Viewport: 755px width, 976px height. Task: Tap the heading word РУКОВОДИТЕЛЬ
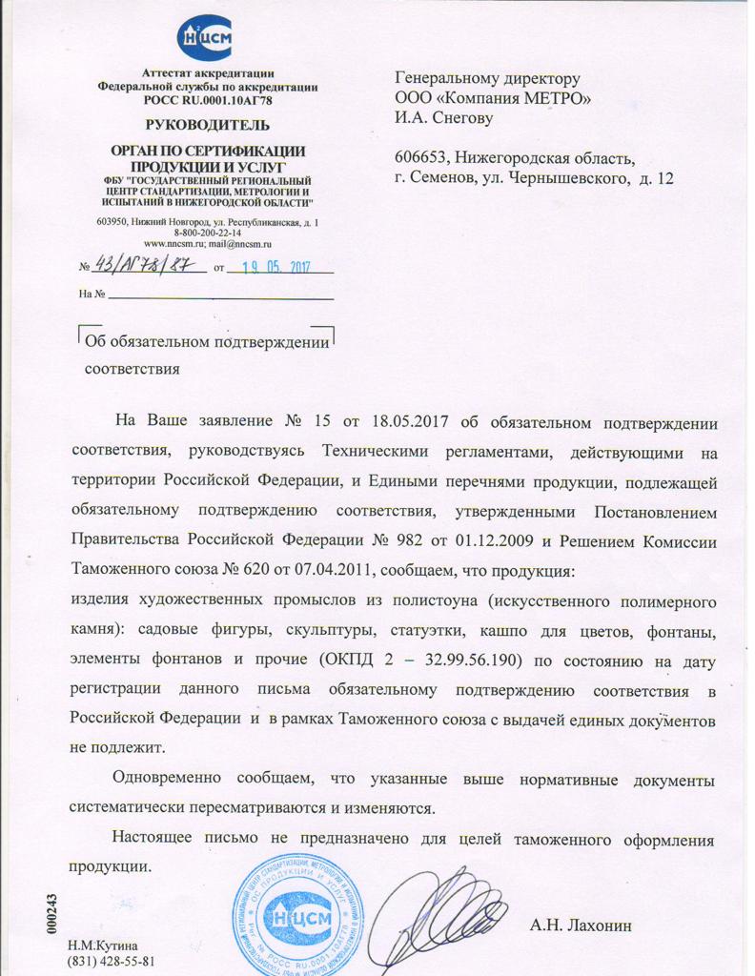[x=207, y=124]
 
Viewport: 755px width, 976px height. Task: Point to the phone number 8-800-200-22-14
[x=207, y=232]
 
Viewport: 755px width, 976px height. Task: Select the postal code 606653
[x=423, y=157]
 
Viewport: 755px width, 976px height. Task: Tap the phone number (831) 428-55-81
[x=111, y=960]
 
